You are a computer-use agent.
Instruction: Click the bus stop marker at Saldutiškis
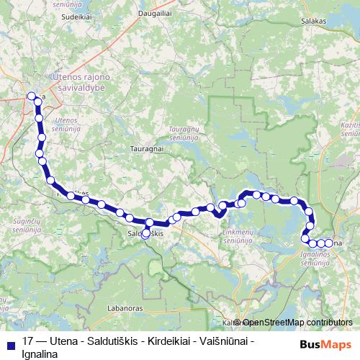146,233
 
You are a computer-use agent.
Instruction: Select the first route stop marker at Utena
31,96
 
